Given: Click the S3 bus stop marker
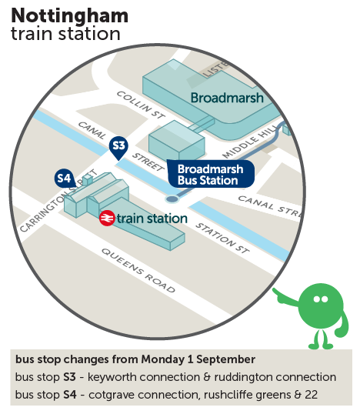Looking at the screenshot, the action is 118,147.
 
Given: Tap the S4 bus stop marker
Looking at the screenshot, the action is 64,179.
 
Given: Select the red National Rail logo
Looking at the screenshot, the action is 107,218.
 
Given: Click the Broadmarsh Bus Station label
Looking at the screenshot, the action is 211,174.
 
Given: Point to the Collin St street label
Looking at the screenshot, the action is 141,105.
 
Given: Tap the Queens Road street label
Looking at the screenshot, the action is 138,270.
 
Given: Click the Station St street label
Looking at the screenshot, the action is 222,238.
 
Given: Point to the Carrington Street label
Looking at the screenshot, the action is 58,202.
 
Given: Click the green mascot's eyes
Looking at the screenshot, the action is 321,299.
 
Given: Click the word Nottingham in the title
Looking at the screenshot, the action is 70,16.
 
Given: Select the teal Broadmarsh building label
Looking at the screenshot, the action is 227,98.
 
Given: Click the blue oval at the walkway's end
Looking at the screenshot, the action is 172,199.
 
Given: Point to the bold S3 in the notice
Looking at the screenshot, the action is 70,377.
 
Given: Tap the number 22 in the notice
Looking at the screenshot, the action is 312,395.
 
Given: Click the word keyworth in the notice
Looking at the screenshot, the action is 112,377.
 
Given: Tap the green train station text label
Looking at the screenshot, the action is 152,219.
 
